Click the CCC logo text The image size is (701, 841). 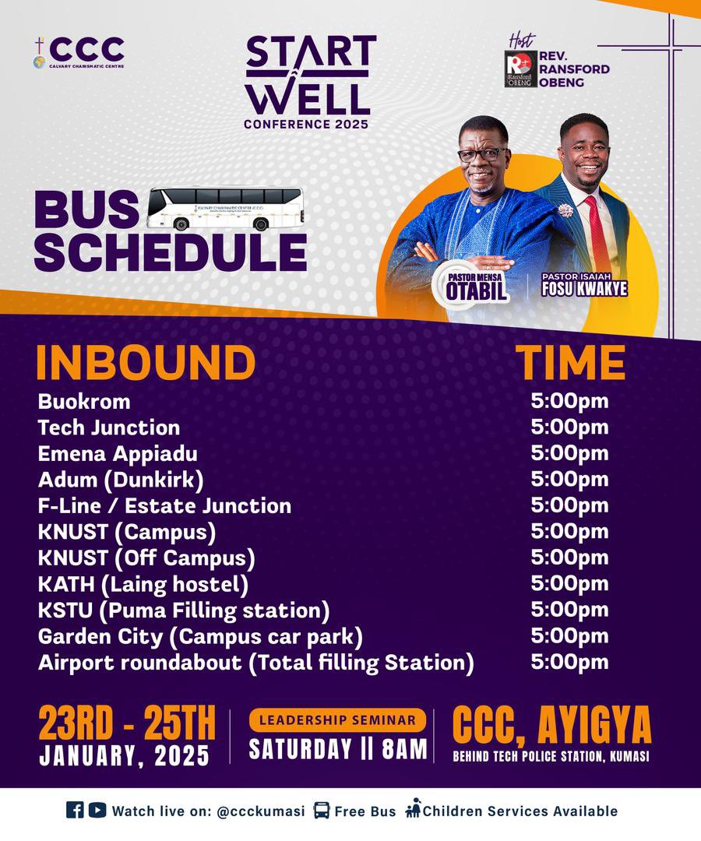click(x=86, y=49)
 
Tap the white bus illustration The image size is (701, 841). click(x=225, y=208)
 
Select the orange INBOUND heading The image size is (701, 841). click(x=146, y=362)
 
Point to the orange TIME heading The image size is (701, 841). click(x=570, y=362)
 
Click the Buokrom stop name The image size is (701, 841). click(x=84, y=402)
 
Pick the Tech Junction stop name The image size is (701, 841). click(x=109, y=428)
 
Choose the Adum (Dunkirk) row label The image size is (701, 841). click(x=121, y=480)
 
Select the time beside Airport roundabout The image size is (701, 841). click(x=569, y=662)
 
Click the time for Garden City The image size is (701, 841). click(x=569, y=636)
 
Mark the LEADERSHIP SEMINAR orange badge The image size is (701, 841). click(x=337, y=720)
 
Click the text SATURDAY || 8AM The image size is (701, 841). click(x=338, y=748)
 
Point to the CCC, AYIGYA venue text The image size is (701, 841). click(x=551, y=727)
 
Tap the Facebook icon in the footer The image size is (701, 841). click(x=75, y=810)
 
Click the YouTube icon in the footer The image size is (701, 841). click(x=97, y=810)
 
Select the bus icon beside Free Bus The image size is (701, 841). click(x=321, y=811)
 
